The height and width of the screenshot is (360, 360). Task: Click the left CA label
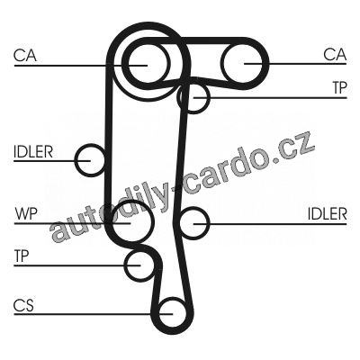click(x=25, y=56)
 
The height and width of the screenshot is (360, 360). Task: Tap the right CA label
click(x=335, y=55)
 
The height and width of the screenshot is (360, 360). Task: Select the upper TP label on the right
click(x=339, y=87)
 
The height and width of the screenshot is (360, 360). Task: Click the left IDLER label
click(x=33, y=152)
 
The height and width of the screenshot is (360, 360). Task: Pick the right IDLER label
click(x=328, y=214)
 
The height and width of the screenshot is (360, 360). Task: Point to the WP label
click(x=26, y=213)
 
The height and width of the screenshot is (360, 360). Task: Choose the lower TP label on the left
click(x=22, y=256)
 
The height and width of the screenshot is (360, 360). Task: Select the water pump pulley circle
click(x=154, y=222)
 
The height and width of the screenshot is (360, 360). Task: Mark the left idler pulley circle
click(x=76, y=160)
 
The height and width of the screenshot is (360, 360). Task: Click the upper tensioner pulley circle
click(x=208, y=97)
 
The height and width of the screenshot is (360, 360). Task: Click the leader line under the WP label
click(x=72, y=223)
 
